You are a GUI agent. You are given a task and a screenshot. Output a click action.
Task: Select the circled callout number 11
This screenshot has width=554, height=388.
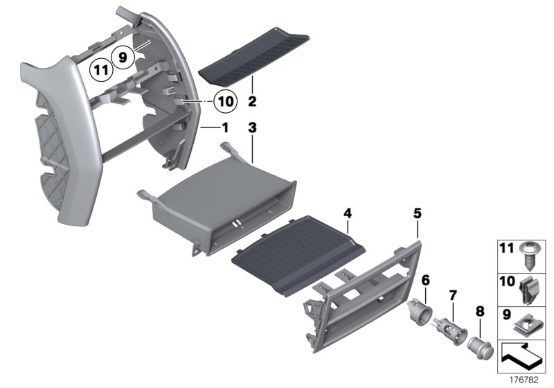click(100, 69)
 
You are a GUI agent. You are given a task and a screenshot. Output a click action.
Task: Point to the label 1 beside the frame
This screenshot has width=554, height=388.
click(224, 128)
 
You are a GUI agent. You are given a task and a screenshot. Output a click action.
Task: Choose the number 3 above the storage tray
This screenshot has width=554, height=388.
click(252, 128)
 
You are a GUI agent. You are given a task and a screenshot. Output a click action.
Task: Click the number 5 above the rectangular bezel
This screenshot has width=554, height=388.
click(417, 214)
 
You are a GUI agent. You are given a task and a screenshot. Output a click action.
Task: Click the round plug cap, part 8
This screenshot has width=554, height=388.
click(479, 344)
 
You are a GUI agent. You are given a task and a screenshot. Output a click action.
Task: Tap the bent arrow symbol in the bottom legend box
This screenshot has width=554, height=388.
click(522, 355)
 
